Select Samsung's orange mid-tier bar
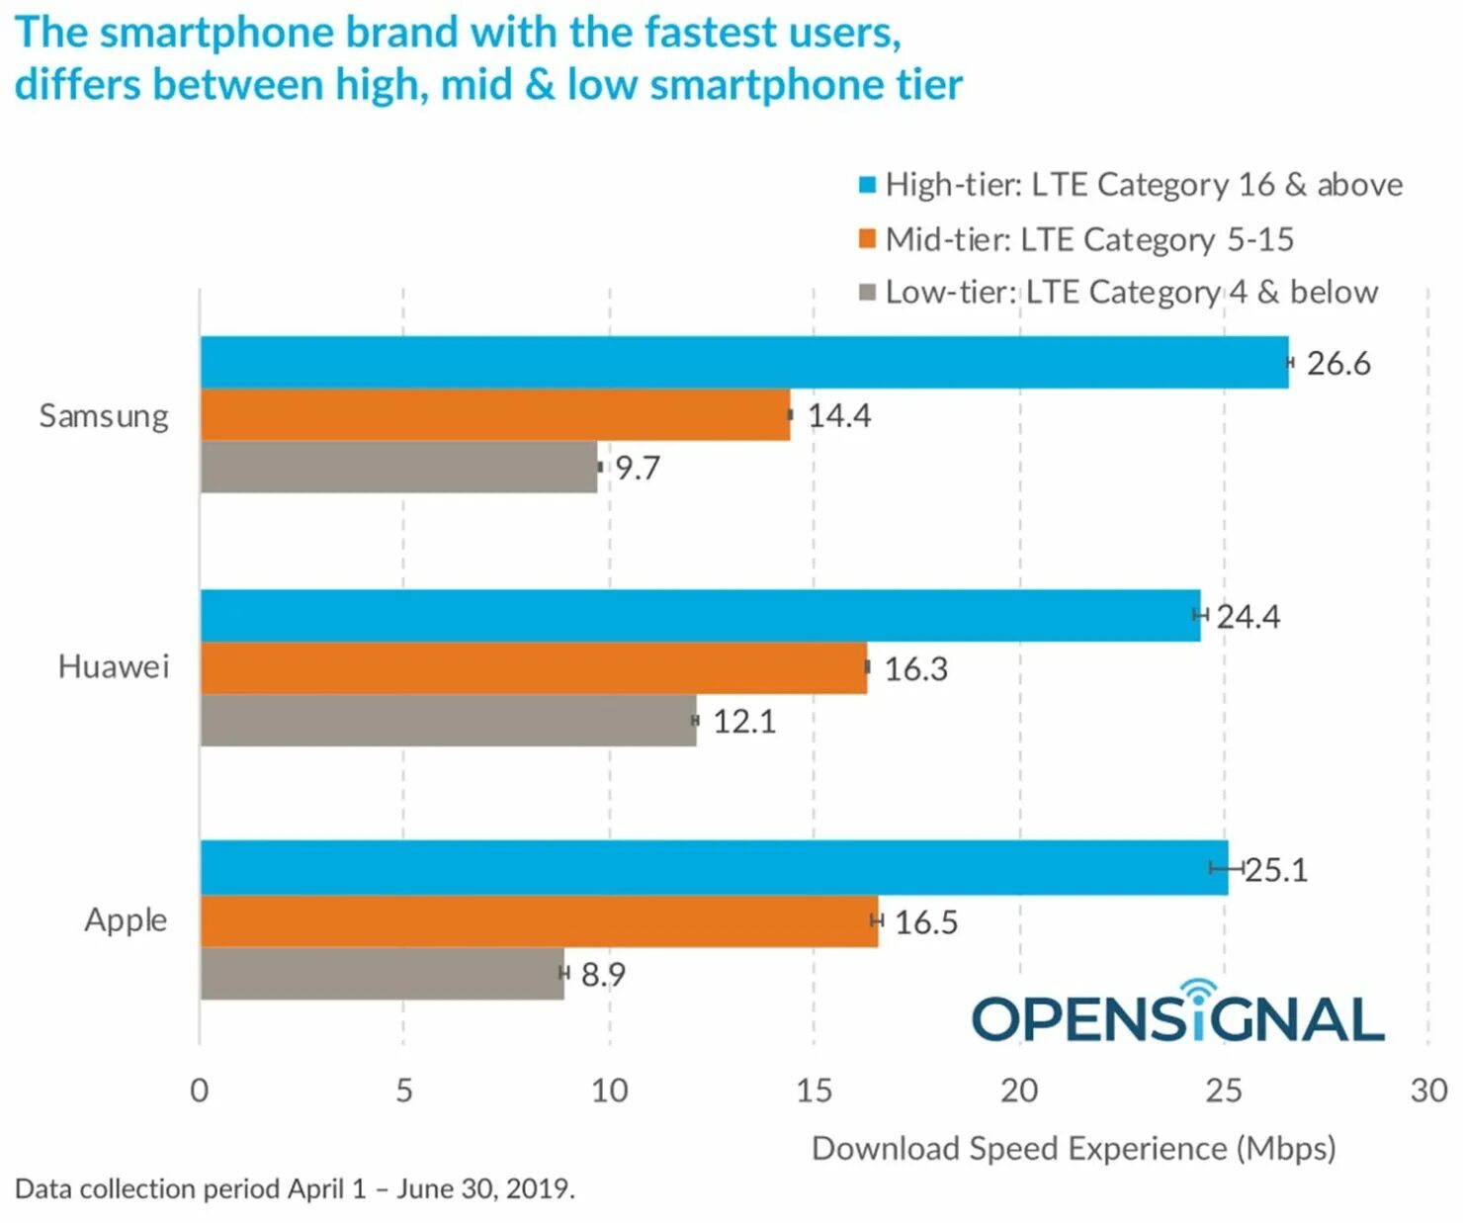pyautogui.click(x=494, y=414)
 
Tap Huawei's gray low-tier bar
pyautogui.click(x=448, y=720)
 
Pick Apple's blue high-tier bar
pyautogui.click(x=713, y=868)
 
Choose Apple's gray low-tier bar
pyautogui.click(x=382, y=974)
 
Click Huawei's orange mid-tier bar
pyautogui.click(x=533, y=667)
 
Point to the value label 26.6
pyautogui.click(x=1337, y=364)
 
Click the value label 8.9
pyautogui.click(x=603, y=975)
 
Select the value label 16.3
pyautogui.click(x=915, y=669)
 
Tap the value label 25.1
pyautogui.click(x=1276, y=870)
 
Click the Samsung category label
pyautogui.click(x=104, y=416)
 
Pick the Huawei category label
pyautogui.click(x=113, y=667)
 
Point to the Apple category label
pyautogui.click(x=126, y=920)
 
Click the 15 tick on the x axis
pyautogui.click(x=814, y=1091)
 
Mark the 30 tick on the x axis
pyautogui.click(x=1428, y=1091)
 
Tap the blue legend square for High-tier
pyautogui.click(x=867, y=185)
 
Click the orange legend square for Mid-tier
pyautogui.click(x=867, y=239)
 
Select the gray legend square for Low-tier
pyautogui.click(x=867, y=293)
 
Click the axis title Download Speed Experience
pyautogui.click(x=1073, y=1149)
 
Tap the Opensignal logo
pyautogui.click(x=1177, y=1014)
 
